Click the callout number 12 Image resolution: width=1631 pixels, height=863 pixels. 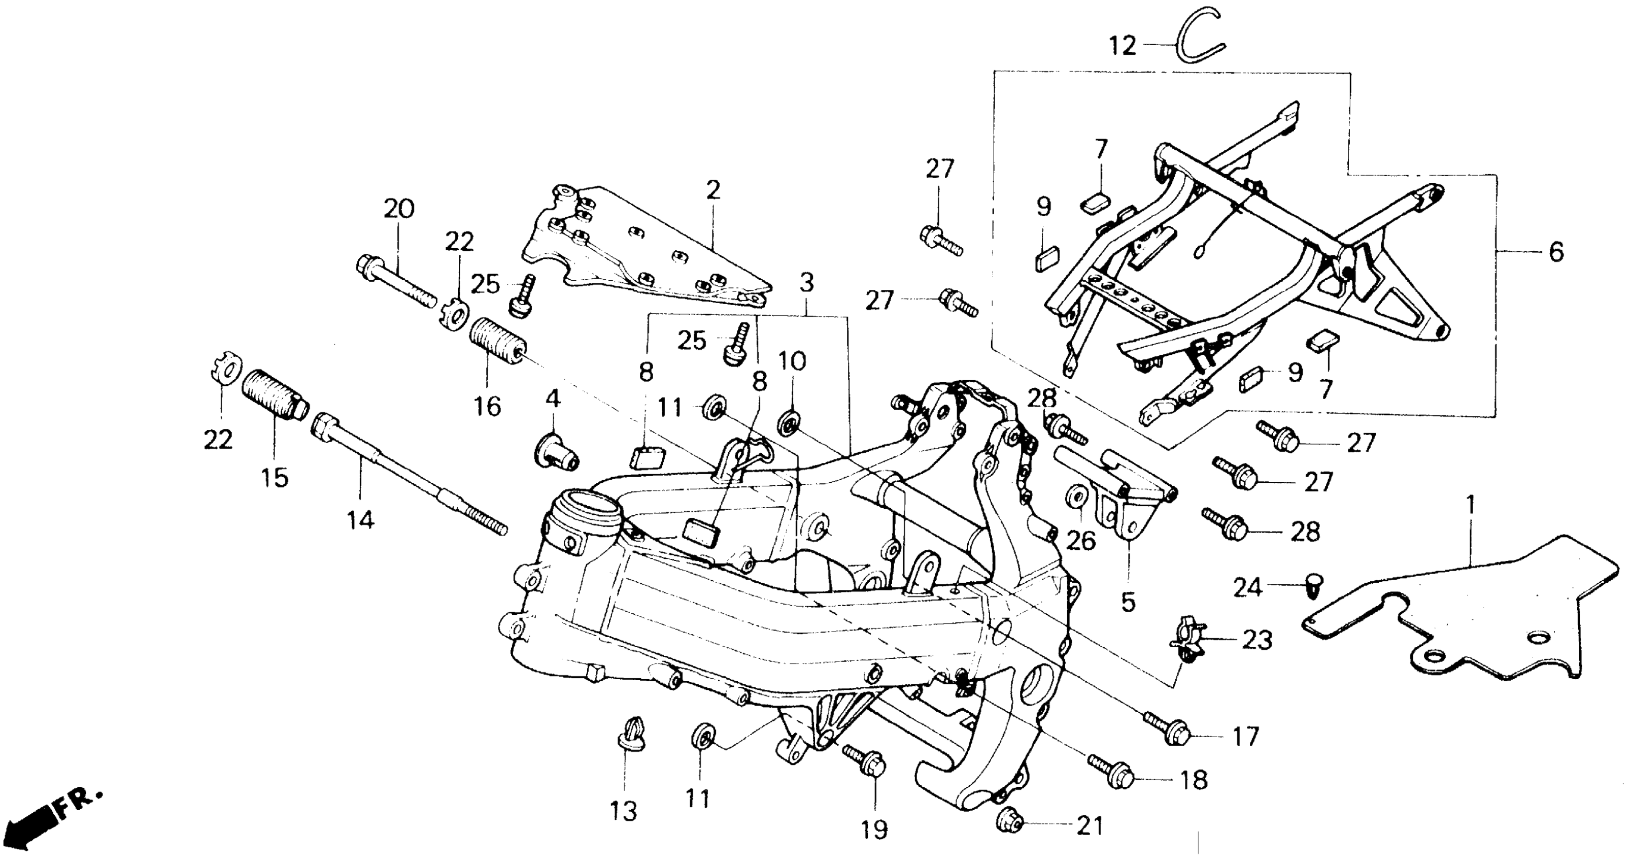click(1123, 46)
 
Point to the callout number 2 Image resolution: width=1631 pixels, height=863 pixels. click(713, 190)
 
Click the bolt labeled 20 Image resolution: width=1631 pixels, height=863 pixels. click(396, 282)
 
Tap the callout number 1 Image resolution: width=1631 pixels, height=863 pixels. click(1471, 505)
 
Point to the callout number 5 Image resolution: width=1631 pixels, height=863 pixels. click(1128, 602)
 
